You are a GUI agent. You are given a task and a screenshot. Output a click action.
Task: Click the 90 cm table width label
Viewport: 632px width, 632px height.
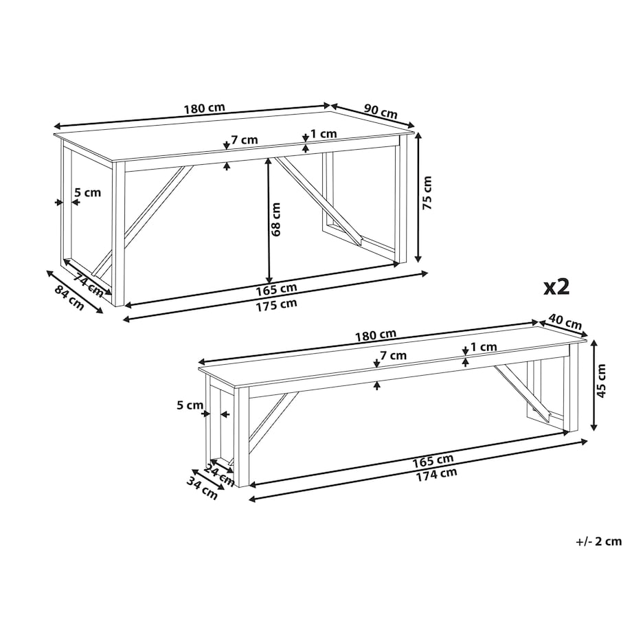[381, 111]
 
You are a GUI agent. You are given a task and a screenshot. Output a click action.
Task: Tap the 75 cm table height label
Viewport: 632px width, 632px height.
[427, 192]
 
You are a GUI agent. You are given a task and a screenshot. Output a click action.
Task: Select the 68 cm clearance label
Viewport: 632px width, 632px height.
[275, 219]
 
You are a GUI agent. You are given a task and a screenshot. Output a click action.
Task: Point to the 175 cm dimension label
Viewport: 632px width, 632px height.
[276, 305]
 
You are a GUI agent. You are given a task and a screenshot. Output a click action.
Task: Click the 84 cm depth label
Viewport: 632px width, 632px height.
[70, 298]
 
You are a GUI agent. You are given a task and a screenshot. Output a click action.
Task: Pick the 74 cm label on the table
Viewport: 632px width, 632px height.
[88, 284]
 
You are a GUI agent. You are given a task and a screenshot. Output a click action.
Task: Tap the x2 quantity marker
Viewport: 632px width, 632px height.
[556, 288]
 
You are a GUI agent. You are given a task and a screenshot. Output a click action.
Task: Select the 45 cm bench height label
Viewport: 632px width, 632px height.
[601, 381]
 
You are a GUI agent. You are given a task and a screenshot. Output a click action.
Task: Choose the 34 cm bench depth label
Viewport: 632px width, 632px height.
[202, 487]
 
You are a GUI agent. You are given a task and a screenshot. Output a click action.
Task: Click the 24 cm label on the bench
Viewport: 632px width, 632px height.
[219, 475]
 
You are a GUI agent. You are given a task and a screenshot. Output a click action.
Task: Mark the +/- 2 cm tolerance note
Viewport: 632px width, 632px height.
[599, 541]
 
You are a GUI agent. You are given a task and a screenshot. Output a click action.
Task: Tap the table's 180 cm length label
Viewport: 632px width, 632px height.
[204, 109]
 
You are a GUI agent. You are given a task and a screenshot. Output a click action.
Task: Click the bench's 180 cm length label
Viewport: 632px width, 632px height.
[376, 335]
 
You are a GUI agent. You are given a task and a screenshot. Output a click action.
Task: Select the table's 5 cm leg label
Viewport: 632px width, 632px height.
[88, 192]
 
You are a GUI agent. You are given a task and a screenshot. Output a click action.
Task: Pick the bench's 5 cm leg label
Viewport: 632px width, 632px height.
[190, 405]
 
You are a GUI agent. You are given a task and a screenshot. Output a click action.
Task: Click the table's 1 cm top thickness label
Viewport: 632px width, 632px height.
[324, 133]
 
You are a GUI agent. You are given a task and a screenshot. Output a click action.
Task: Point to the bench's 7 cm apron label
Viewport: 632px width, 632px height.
[394, 355]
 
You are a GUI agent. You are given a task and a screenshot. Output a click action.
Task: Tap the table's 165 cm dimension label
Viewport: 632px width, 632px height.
[276, 289]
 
